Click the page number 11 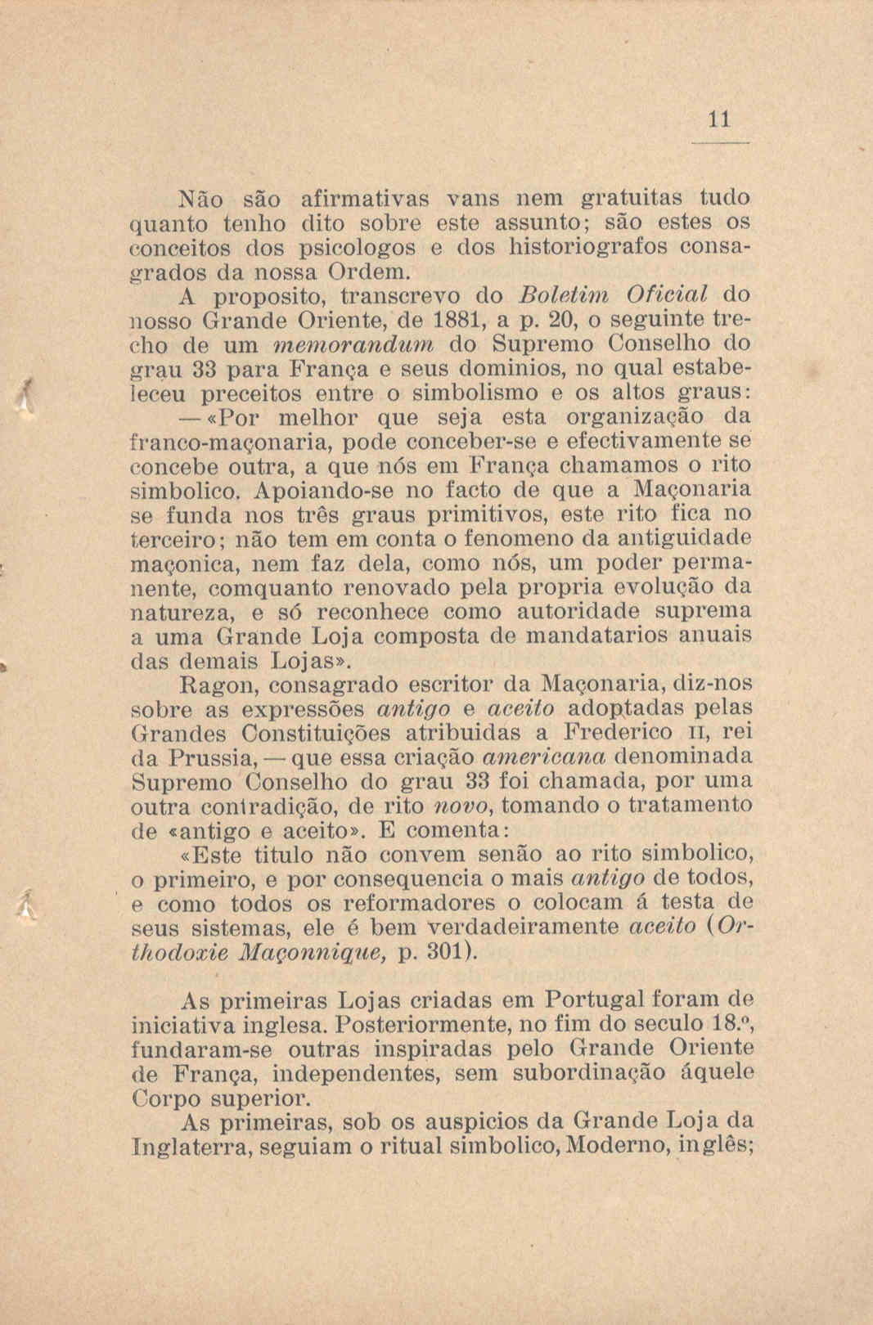718,120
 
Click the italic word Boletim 555,293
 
